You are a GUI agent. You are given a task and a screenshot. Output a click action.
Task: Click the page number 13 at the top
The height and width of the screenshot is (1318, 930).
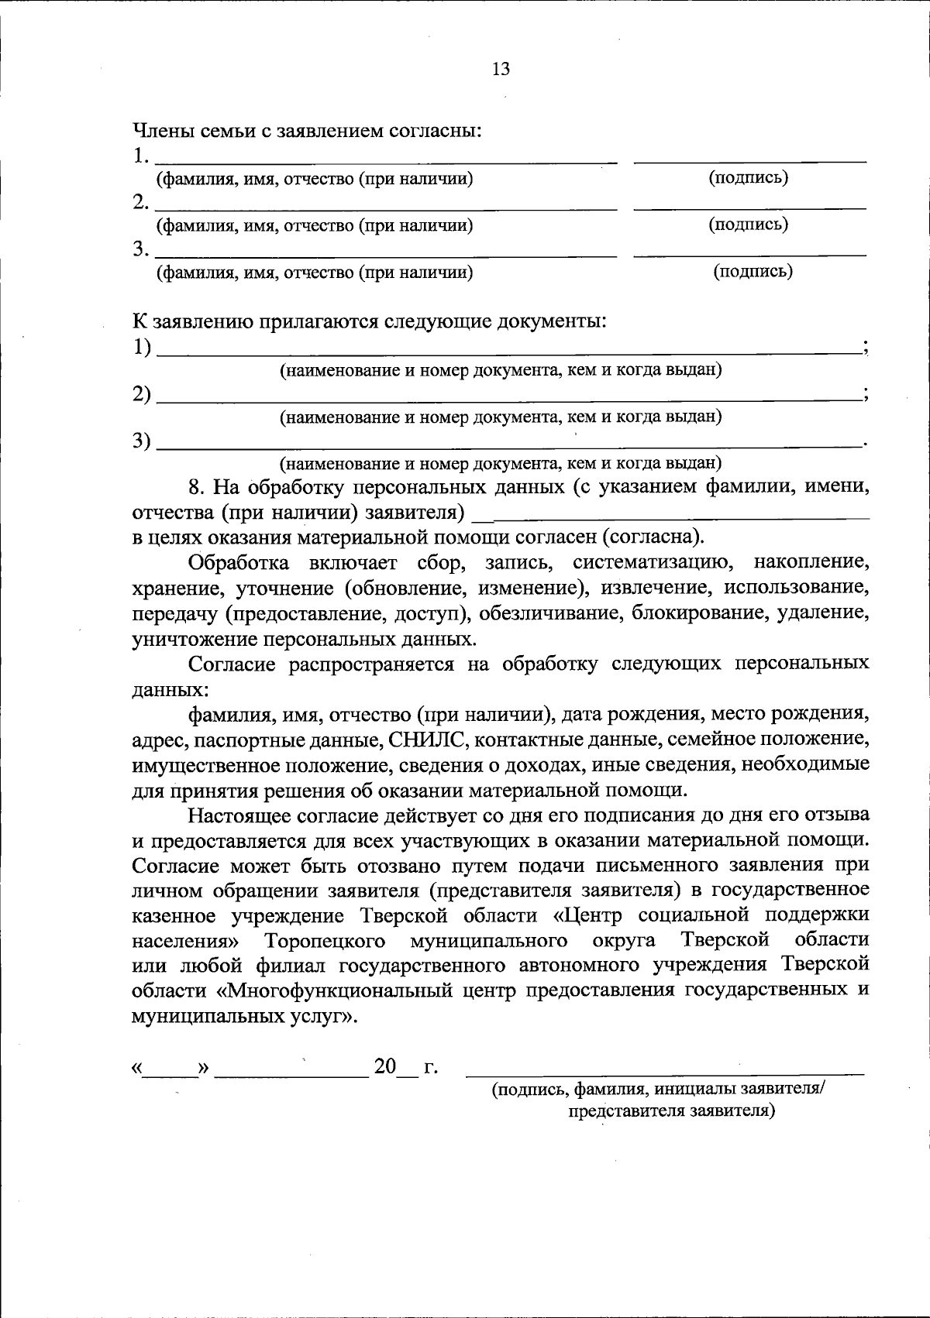click(x=501, y=70)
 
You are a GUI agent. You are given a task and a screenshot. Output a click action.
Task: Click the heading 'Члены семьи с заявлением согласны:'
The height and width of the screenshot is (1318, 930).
click(x=308, y=131)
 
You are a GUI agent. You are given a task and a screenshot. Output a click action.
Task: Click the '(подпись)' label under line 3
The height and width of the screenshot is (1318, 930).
click(x=753, y=271)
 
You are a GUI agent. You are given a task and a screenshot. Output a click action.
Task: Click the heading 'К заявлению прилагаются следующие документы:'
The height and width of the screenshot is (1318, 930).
click(x=369, y=321)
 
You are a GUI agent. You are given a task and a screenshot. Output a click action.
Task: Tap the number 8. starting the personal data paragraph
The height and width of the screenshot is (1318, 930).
click(x=198, y=487)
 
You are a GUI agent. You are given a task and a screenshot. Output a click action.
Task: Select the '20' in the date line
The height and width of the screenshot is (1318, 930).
click(x=385, y=1066)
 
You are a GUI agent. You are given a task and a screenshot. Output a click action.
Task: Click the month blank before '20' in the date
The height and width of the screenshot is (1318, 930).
click(x=292, y=1072)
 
